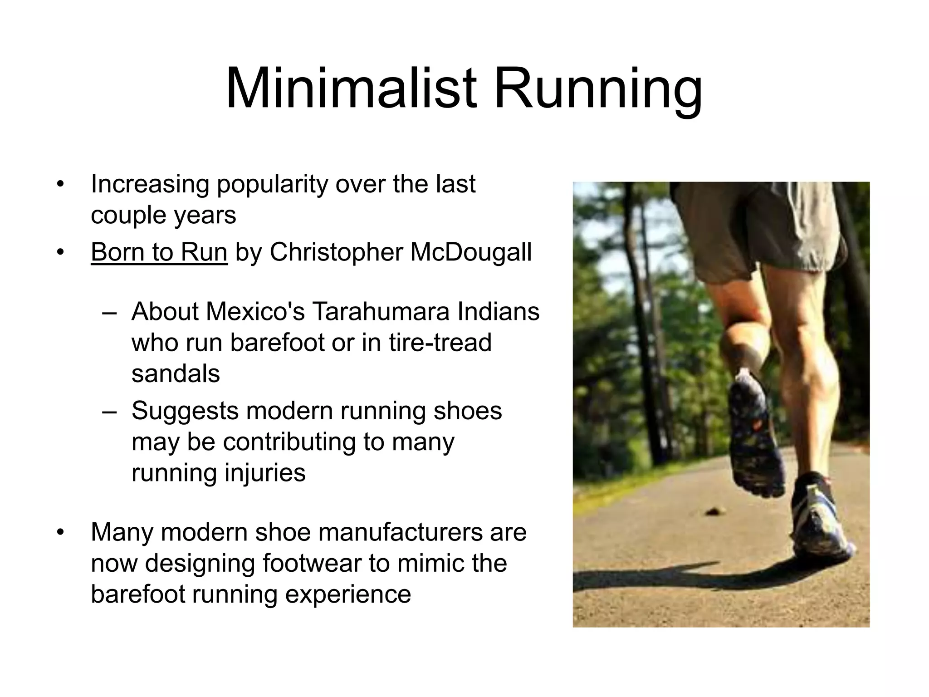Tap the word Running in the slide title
coord(598,89)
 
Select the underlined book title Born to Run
coord(159,252)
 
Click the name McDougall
coord(470,252)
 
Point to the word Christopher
coord(336,252)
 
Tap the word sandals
coord(176,374)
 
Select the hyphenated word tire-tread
coord(440,343)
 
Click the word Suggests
coord(185,411)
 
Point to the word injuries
coord(265,473)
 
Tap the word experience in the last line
coord(347,594)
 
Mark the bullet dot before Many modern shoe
coord(61,532)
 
